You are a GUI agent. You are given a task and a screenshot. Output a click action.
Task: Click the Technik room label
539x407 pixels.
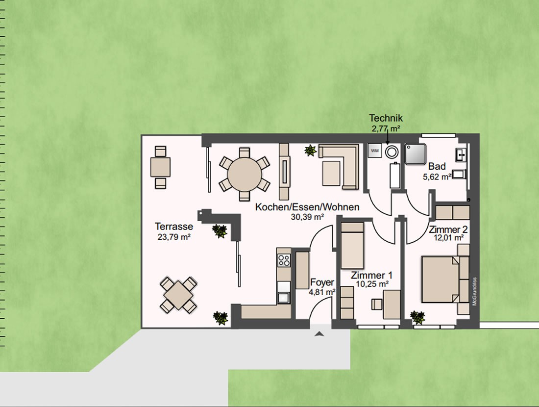[386, 118]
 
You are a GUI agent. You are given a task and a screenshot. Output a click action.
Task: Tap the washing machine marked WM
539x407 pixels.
[375, 151]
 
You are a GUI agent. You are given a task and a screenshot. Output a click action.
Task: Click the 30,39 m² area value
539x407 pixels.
[308, 217]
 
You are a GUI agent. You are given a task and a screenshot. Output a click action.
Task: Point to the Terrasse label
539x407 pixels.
[174, 227]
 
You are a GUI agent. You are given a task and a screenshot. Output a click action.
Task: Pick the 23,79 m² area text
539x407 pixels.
[174, 237]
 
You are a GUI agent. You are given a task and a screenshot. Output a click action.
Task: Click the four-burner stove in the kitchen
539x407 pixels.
[284, 260]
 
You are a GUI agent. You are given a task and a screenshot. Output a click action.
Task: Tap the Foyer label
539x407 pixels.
[322, 282]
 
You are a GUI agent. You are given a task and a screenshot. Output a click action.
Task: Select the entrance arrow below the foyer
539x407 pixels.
[319, 333]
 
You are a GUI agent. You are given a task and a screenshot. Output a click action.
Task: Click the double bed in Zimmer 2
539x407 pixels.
[441, 280]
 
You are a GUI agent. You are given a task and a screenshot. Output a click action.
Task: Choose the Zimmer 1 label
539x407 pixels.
[371, 275]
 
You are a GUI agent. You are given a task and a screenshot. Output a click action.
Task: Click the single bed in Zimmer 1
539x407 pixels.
[352, 245]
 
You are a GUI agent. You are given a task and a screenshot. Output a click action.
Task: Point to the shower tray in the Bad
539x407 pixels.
[416, 154]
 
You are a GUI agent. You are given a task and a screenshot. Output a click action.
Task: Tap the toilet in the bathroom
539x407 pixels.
[459, 174]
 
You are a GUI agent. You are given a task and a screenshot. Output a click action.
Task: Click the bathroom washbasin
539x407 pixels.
[461, 155]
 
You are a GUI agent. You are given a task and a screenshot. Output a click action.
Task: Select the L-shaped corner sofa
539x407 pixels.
[339, 167]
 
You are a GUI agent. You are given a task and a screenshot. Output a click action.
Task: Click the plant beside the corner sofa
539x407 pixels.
[311, 151]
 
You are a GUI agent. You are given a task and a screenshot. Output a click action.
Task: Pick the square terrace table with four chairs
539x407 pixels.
[178, 295]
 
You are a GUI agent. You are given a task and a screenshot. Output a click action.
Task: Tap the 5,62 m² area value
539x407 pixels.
[437, 177]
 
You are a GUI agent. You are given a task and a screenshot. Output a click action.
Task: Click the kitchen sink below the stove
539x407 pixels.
[284, 297]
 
